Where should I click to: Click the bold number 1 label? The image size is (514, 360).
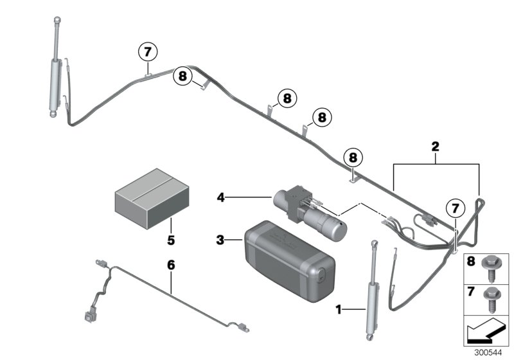[340, 310]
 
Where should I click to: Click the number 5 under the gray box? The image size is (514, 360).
[171, 241]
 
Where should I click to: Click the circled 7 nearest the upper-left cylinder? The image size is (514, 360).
[148, 51]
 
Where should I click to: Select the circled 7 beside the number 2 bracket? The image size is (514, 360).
[455, 208]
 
